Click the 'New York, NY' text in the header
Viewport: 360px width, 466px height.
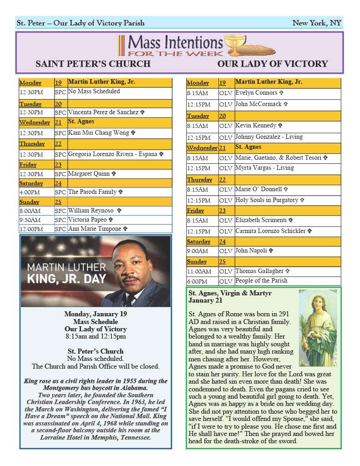coord(316,23)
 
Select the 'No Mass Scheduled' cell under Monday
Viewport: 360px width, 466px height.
coord(94,91)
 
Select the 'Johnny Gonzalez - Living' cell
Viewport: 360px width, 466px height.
coord(269,137)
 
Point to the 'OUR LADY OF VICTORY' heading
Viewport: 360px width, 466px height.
coord(273,64)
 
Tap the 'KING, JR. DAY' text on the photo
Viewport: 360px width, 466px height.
coord(66,279)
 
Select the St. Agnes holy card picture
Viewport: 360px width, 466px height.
coord(317,328)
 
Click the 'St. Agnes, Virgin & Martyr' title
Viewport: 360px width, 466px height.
coord(230,294)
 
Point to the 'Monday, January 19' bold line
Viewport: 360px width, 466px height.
coord(96,314)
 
